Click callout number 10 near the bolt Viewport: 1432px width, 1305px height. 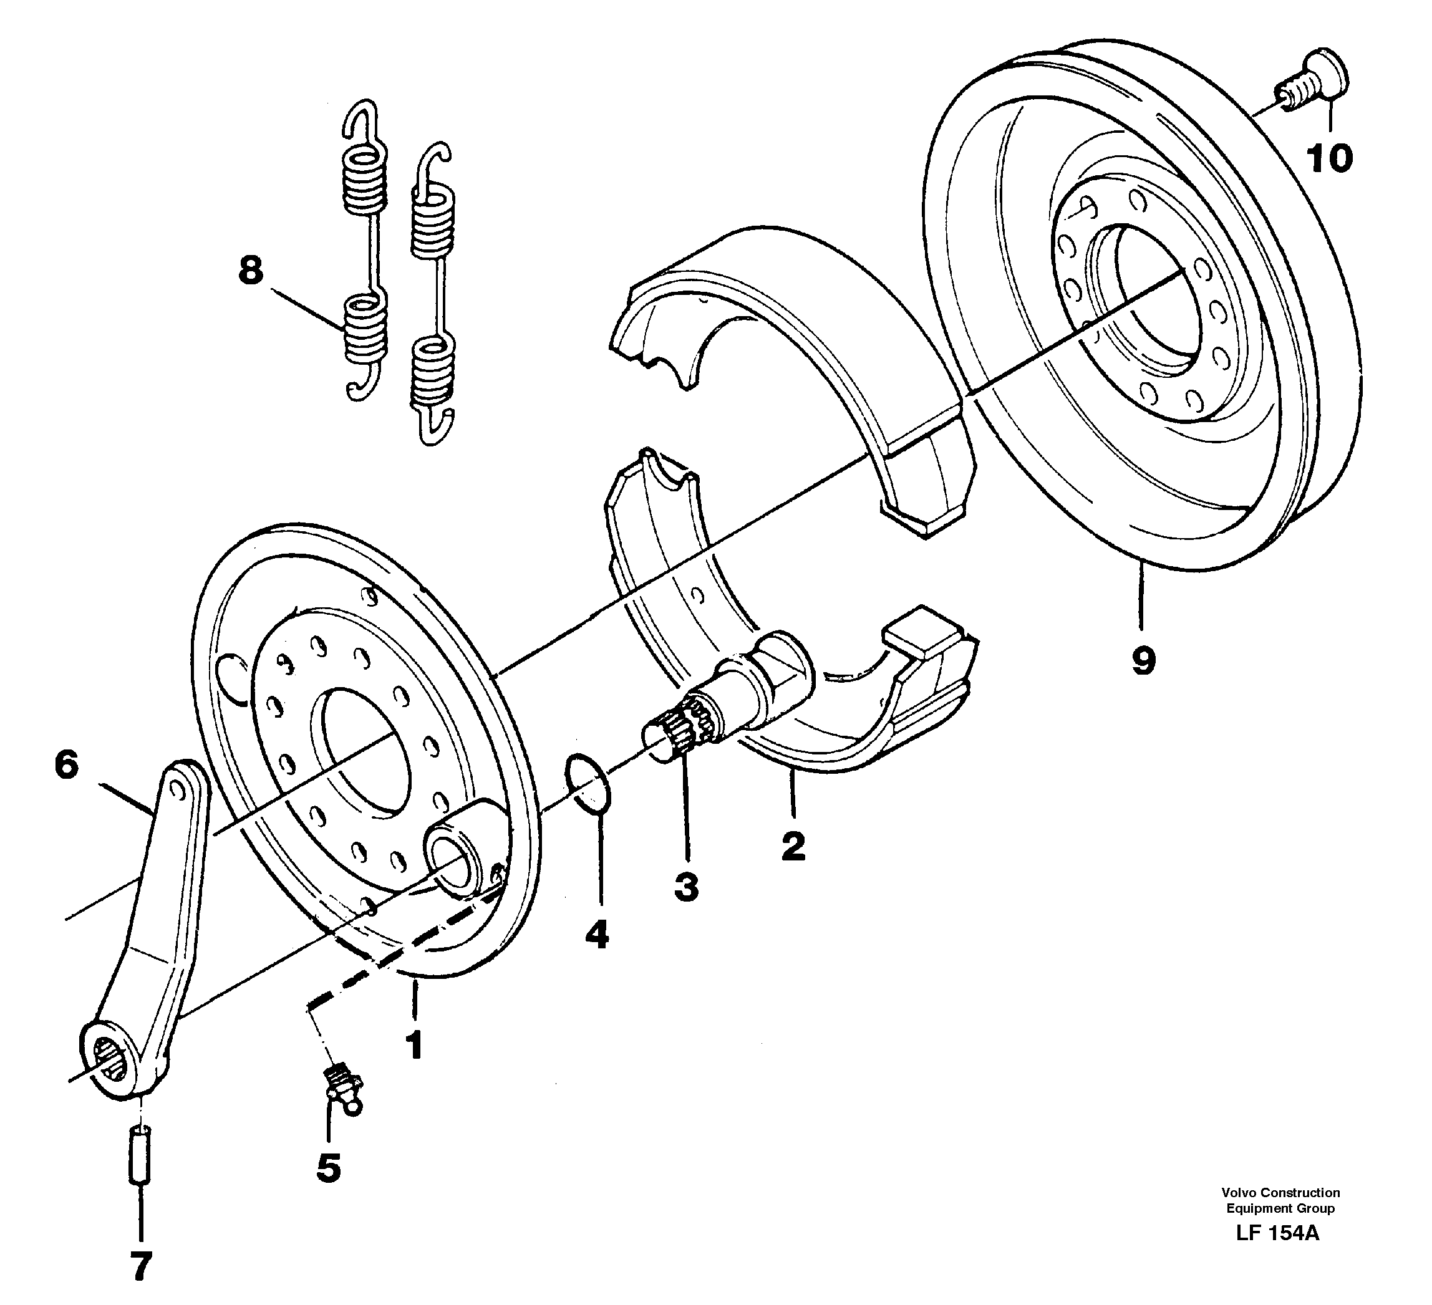click(x=1329, y=158)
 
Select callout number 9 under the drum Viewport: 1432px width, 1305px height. click(x=1143, y=661)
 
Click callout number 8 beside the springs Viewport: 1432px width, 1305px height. click(x=251, y=271)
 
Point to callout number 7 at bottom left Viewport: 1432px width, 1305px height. click(x=141, y=1265)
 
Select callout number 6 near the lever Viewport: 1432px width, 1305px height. click(x=66, y=766)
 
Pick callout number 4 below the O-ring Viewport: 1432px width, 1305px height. click(x=597, y=935)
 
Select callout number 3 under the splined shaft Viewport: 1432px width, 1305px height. click(x=686, y=887)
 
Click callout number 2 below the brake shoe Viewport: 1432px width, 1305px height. click(x=793, y=845)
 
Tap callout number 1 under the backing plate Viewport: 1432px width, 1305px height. click(x=414, y=1044)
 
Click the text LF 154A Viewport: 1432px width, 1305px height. click(x=1277, y=1233)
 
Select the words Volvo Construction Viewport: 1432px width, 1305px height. click(x=1280, y=1192)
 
